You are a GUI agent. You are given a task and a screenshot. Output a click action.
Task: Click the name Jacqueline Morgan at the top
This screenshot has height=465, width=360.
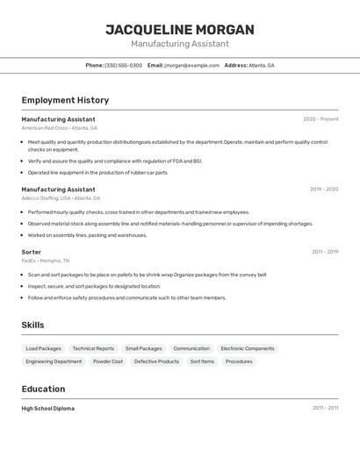pos(180,30)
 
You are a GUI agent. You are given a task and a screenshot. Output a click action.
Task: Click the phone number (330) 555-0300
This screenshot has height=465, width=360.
pos(124,66)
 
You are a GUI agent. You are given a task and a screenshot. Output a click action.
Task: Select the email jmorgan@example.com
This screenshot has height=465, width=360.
pos(191,66)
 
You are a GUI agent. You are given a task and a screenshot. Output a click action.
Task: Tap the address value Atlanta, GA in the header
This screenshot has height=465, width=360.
pos(262,66)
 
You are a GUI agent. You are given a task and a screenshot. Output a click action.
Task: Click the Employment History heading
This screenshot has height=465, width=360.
pos(65,101)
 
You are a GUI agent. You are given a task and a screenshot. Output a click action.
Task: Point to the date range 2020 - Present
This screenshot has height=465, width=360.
pos(320,119)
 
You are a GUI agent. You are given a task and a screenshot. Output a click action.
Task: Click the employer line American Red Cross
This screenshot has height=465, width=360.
pos(59,128)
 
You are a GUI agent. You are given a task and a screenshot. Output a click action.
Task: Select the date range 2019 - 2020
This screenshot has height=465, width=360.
pos(323,190)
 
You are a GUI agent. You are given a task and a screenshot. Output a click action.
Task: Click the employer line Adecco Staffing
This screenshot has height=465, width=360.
pos(61,198)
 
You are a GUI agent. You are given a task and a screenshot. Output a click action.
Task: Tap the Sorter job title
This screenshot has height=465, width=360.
pos(32,252)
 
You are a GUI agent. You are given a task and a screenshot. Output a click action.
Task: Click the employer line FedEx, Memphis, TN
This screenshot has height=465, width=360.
pos(45,261)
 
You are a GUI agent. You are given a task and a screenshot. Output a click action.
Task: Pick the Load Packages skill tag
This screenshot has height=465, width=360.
pos(44,348)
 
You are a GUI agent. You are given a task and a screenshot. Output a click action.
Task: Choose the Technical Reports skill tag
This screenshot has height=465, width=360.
pos(93,348)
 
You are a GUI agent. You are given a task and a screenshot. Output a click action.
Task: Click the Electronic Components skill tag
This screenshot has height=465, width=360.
pos(248,348)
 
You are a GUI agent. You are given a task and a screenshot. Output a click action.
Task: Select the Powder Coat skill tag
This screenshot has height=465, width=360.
pos(108,361)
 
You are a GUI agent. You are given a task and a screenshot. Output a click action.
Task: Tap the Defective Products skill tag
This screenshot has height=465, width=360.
pos(156,361)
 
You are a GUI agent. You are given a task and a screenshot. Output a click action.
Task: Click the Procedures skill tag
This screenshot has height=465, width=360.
pos(239,361)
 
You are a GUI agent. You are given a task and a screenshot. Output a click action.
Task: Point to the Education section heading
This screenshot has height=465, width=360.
pos(44,390)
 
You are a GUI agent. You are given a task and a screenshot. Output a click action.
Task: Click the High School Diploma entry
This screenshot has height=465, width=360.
pos(48,409)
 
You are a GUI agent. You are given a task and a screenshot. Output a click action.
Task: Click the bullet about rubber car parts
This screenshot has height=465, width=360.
pos(97,173)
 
